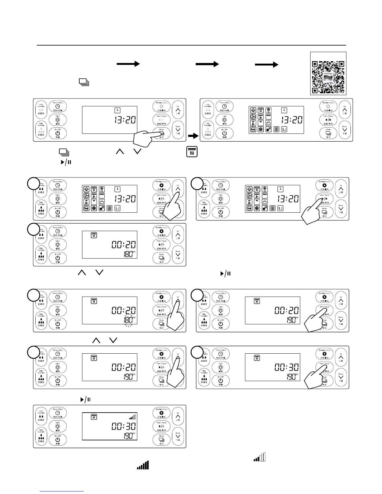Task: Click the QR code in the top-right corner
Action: click(328, 73)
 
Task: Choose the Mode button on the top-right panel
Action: click(328, 133)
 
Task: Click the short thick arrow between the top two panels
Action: click(193, 136)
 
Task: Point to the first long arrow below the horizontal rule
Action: click(128, 64)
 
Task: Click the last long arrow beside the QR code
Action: click(267, 65)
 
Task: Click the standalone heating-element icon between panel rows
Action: click(192, 152)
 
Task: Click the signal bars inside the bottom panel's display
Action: click(133, 417)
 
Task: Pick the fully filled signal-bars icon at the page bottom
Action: click(143, 465)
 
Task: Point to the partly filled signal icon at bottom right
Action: click(259, 457)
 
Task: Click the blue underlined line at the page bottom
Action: click(62, 491)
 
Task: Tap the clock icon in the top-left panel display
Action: click(117, 110)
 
